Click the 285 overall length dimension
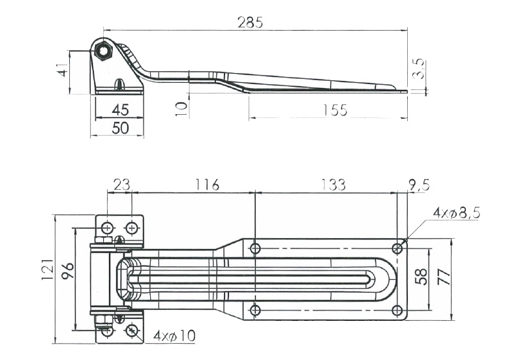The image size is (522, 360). pyautogui.click(x=250, y=22)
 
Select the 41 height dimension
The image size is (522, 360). pyautogui.click(x=63, y=70)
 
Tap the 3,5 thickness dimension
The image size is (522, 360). pyautogui.click(x=420, y=68)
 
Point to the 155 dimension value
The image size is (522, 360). pyautogui.click(x=334, y=111)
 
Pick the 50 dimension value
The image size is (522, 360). pyautogui.click(x=119, y=128)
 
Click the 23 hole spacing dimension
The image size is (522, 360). pyautogui.click(x=120, y=185)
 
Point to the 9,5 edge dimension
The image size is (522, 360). pyautogui.click(x=419, y=185)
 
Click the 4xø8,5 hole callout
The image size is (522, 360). pyautogui.click(x=456, y=213)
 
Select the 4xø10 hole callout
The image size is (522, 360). pyautogui.click(x=175, y=337)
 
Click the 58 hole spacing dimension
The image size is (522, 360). pyautogui.click(x=421, y=275)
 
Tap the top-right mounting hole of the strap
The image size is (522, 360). pyautogui.click(x=397, y=248)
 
